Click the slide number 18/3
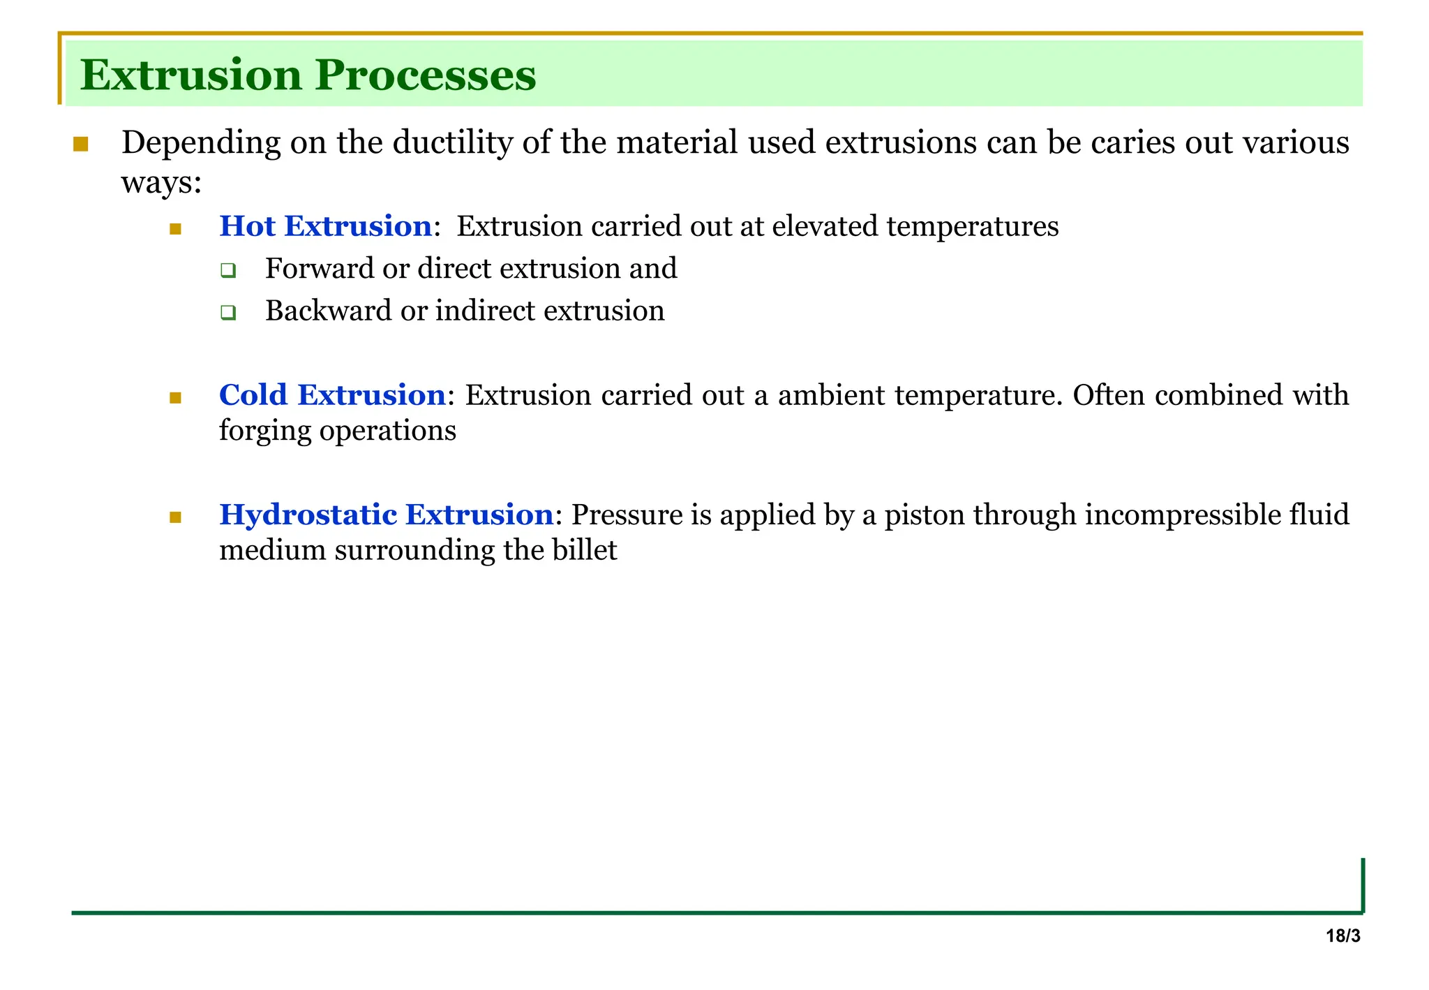coord(1342,936)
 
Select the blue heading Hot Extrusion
coord(325,226)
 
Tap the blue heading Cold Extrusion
coord(332,395)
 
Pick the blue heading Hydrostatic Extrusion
coord(387,515)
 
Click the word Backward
coord(329,311)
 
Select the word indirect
coord(486,311)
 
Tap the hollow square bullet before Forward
coord(227,270)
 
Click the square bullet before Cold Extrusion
coord(175,398)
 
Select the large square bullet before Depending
coord(81,145)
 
